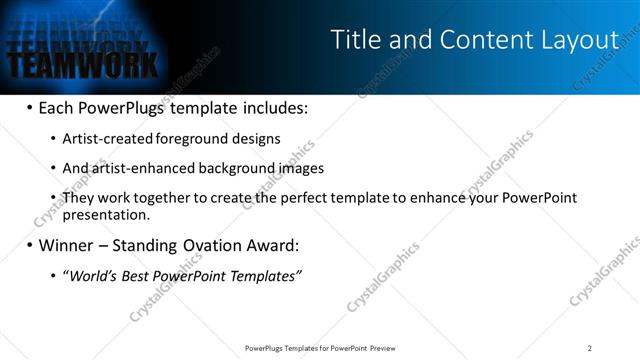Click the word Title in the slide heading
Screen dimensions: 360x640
(x=352, y=40)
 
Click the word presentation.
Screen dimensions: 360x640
(x=105, y=214)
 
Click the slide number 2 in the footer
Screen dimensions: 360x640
(x=590, y=348)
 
